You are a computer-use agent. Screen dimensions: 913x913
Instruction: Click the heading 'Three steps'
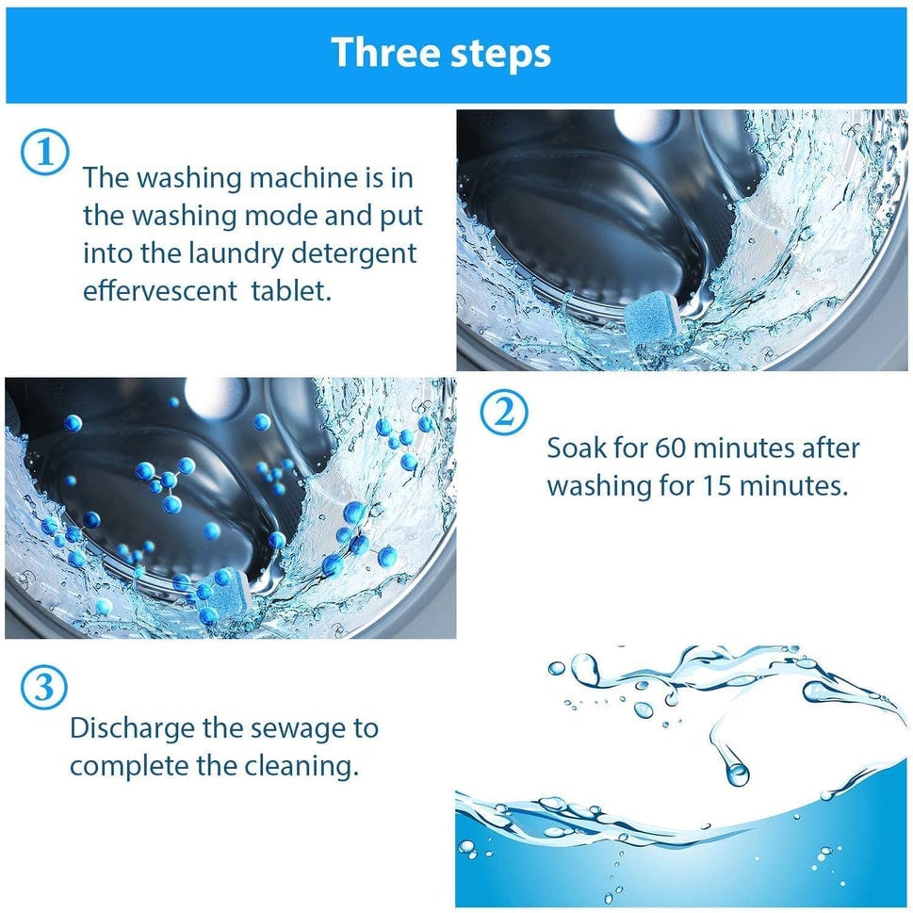(441, 53)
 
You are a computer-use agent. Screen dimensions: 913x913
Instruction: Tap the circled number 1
(44, 153)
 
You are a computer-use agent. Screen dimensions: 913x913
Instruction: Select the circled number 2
(505, 414)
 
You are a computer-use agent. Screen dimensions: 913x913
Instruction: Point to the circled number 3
(44, 689)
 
